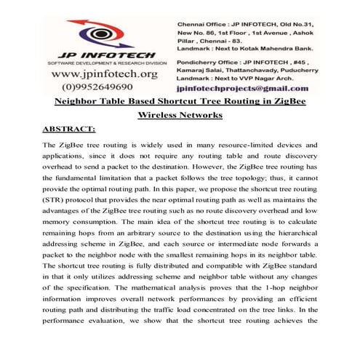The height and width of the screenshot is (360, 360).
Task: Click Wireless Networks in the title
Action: pos(180,116)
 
